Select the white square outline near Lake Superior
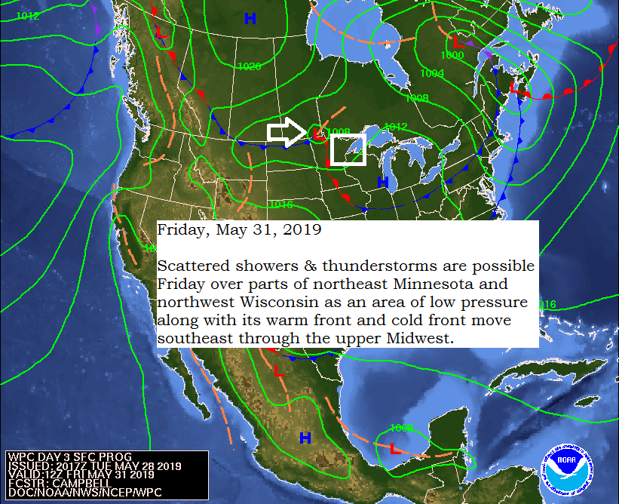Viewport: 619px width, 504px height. tap(348, 149)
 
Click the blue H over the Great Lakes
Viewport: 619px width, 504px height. tap(383, 182)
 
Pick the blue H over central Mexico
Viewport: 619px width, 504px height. tap(305, 438)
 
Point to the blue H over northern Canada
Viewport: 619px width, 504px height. tap(250, 18)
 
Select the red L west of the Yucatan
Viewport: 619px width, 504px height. tap(394, 448)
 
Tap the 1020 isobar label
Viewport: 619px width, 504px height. tap(249, 66)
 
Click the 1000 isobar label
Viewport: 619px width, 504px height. tap(452, 55)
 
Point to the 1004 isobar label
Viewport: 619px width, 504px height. tap(432, 73)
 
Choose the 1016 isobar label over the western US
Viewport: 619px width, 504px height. tap(280, 204)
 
